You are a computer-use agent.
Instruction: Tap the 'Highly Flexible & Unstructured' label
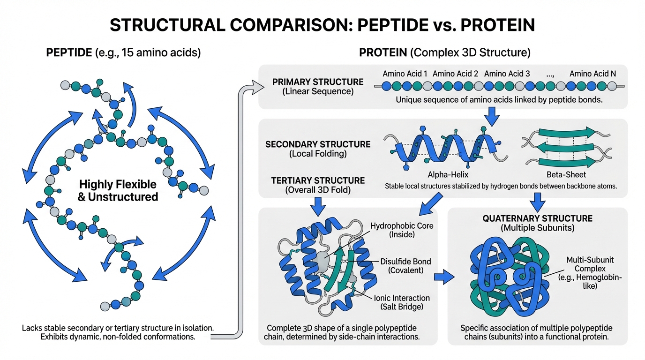(118, 190)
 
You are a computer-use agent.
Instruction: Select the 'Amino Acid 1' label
(405, 74)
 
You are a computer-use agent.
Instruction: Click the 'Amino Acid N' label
(592, 74)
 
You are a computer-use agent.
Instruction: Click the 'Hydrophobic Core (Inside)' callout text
(402, 230)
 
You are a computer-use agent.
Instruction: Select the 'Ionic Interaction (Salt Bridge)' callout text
(402, 302)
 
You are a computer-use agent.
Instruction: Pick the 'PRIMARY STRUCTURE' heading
(318, 82)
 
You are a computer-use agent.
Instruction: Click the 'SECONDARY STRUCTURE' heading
(318, 144)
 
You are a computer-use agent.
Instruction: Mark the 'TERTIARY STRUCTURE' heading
(318, 180)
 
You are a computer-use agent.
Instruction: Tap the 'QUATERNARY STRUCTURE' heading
(538, 218)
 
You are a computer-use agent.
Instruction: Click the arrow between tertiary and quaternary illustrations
(444, 277)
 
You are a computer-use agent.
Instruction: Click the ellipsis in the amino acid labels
(549, 74)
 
